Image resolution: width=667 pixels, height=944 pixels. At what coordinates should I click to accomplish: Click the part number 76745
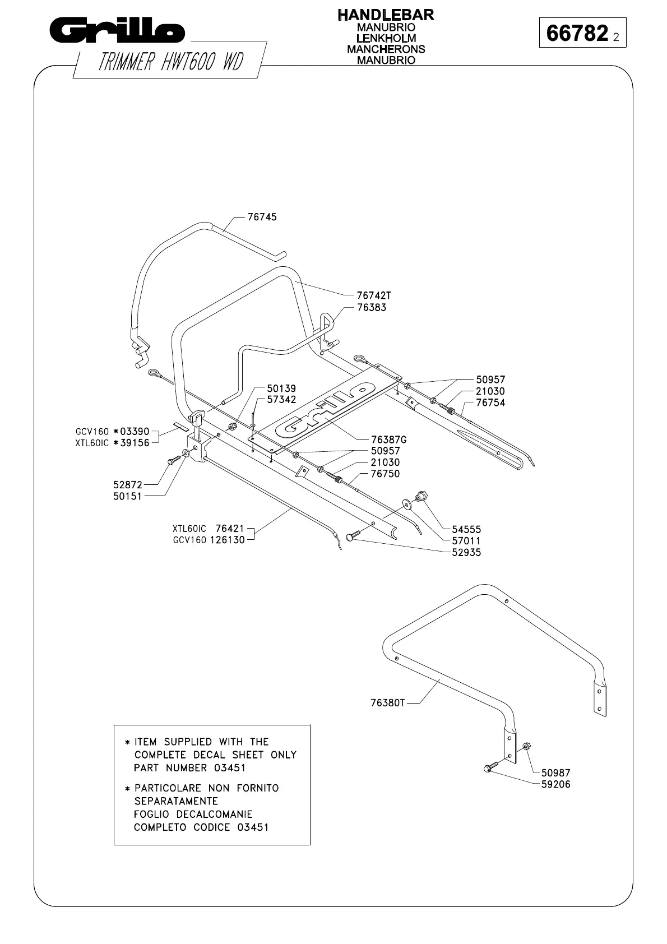click(262, 217)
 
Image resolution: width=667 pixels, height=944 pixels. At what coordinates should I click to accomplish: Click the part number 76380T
click(387, 702)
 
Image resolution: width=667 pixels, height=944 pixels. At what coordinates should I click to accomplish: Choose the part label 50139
click(281, 388)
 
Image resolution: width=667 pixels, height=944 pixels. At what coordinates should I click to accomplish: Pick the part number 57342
click(281, 400)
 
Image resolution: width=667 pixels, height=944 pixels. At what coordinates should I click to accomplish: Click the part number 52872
click(128, 484)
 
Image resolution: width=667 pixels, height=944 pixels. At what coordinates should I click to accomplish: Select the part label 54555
click(466, 529)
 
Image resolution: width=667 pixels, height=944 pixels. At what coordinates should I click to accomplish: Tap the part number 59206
click(555, 784)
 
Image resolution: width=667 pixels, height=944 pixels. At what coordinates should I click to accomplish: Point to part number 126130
click(227, 540)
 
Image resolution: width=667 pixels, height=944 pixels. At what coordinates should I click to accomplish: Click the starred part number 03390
click(135, 431)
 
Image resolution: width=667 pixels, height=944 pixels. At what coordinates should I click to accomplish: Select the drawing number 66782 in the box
click(577, 34)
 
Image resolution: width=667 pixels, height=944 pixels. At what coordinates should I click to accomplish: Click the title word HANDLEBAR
click(386, 15)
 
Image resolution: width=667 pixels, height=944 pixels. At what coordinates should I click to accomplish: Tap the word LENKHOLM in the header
click(386, 38)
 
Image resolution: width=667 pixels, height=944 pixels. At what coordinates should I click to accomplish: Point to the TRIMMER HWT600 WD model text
click(170, 62)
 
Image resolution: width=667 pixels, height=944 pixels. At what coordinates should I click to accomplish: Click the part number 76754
click(490, 402)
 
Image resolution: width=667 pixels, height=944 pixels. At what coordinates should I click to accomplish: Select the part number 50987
click(555, 772)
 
